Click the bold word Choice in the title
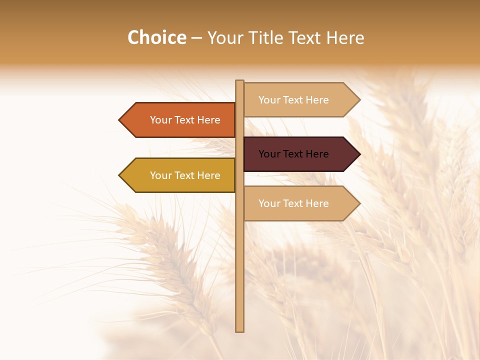pos(156,37)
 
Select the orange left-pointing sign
pos(180,120)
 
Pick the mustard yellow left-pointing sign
pos(180,175)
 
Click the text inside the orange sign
pos(185,120)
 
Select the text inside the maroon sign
pos(293,154)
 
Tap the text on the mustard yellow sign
pos(185,175)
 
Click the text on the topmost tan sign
pos(293,100)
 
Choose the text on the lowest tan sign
pos(293,203)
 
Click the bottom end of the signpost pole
pos(239,329)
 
